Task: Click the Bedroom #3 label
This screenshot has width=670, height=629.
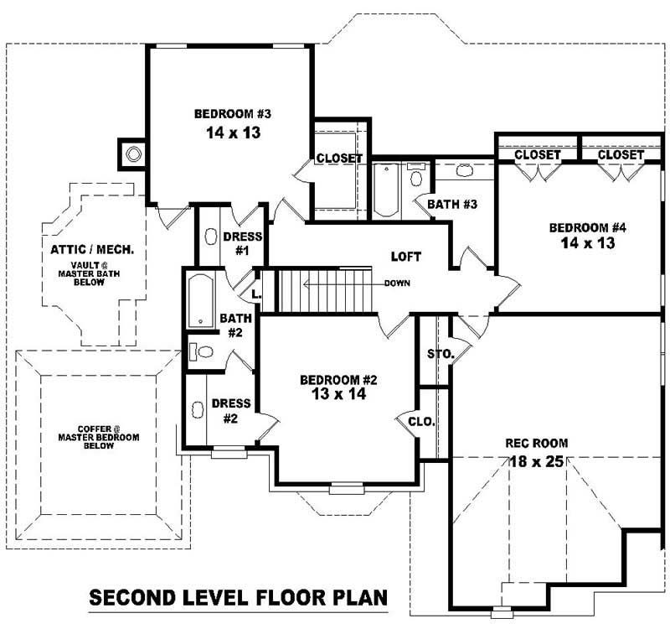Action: click(232, 114)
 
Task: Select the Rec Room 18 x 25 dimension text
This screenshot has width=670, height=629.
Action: click(537, 460)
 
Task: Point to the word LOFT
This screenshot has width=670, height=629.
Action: click(405, 257)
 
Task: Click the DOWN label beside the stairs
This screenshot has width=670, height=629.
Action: click(397, 283)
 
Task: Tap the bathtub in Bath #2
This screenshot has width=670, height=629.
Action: click(199, 300)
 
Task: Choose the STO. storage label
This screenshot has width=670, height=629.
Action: click(440, 355)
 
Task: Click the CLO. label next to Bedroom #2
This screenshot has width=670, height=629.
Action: click(421, 422)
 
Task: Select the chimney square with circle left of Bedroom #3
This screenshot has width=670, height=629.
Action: click(132, 153)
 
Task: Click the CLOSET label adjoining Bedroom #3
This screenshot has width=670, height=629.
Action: click(339, 159)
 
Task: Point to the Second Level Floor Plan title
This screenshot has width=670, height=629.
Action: click(238, 598)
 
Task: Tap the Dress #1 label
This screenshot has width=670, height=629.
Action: click(243, 243)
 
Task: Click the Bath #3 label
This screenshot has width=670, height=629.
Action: click(452, 204)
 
